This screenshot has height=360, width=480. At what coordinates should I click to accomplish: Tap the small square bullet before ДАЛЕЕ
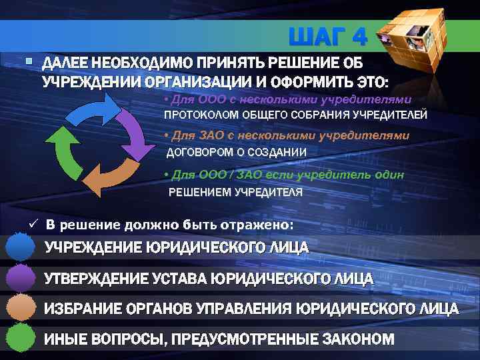pos(27,62)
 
